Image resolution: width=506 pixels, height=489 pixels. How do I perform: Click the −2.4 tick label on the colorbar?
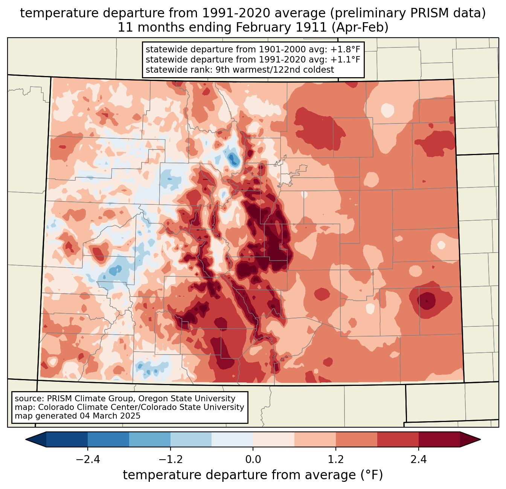(87, 460)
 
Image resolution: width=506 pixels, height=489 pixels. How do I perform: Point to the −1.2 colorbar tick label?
(170, 460)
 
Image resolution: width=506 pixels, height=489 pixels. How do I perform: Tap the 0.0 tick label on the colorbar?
(253, 460)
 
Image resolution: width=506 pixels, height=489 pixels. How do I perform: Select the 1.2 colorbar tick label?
(336, 460)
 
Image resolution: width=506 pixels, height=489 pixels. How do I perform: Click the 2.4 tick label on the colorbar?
(419, 460)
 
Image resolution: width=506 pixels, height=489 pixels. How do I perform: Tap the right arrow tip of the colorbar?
(479, 439)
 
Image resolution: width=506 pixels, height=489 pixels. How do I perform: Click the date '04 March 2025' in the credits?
(110, 416)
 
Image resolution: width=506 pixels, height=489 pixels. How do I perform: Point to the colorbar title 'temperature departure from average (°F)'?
(253, 475)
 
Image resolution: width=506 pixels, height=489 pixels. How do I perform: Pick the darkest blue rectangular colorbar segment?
(67, 439)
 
